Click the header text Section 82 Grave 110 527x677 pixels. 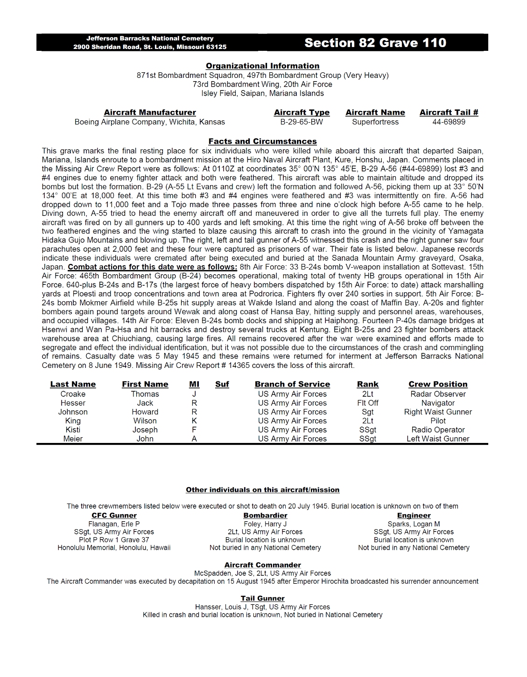[x=375, y=43]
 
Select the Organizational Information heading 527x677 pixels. [x=262, y=66]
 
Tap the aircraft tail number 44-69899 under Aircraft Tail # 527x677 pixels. [x=449, y=122]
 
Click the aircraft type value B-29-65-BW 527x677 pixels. [x=302, y=122]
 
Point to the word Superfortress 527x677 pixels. [x=375, y=122]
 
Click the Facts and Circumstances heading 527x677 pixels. [x=262, y=141]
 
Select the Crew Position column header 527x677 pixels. [x=438, y=384]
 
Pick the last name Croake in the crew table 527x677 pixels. [x=73, y=394]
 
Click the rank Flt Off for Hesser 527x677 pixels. [x=367, y=403]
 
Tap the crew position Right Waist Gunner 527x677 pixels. [x=438, y=412]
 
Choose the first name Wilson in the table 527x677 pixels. [x=145, y=421]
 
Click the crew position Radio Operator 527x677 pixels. [x=438, y=429]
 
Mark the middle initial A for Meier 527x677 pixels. [x=194, y=439]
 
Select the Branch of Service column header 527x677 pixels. [x=292, y=384]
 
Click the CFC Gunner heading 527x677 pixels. [x=114, y=515]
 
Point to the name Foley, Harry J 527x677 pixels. [x=265, y=524]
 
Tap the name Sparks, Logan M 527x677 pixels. [x=414, y=524]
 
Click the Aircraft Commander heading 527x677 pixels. [x=262, y=565]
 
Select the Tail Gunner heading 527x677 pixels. [x=262, y=598]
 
